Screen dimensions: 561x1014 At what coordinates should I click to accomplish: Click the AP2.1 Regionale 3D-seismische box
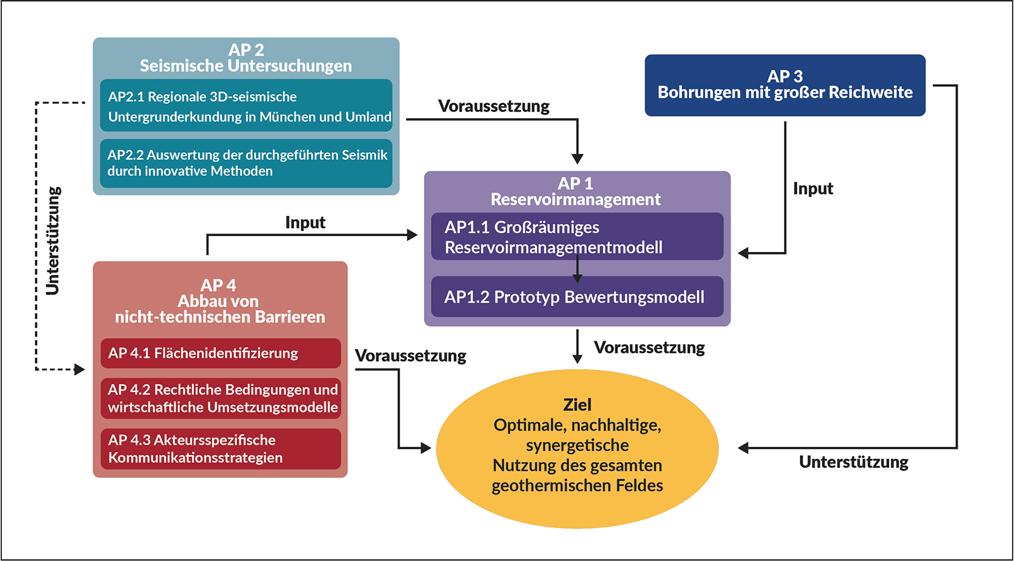pos(246,106)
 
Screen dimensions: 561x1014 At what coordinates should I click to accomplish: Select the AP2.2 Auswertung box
pos(246,163)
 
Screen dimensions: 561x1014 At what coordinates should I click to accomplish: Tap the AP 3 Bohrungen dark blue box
pos(785,85)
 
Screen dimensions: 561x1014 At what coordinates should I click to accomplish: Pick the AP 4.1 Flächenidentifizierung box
pos(221,353)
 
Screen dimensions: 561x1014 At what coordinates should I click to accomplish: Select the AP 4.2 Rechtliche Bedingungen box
pos(221,398)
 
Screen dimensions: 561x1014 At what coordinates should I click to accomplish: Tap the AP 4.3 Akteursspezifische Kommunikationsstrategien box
pos(221,449)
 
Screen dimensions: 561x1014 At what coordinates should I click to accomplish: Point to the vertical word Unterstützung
pos(53,241)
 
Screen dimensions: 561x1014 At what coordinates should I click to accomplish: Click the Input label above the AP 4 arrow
pos(305,223)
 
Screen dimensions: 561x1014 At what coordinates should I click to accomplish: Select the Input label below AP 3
pos(812,189)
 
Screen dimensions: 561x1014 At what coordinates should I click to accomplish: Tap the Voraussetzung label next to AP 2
pos(494,106)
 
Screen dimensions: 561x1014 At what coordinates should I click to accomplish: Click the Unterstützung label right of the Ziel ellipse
pos(853,462)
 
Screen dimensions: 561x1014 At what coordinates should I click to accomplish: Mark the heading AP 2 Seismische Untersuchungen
pos(246,58)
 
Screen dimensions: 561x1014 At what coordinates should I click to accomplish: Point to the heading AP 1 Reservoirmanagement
pos(575,192)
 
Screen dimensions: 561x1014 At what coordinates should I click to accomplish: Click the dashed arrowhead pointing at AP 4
pos(80,369)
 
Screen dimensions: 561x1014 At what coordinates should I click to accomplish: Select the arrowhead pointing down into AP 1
pos(577,158)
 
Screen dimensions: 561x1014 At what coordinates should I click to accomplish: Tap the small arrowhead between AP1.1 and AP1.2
pos(577,277)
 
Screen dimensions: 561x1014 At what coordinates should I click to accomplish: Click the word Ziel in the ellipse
pos(577,405)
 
